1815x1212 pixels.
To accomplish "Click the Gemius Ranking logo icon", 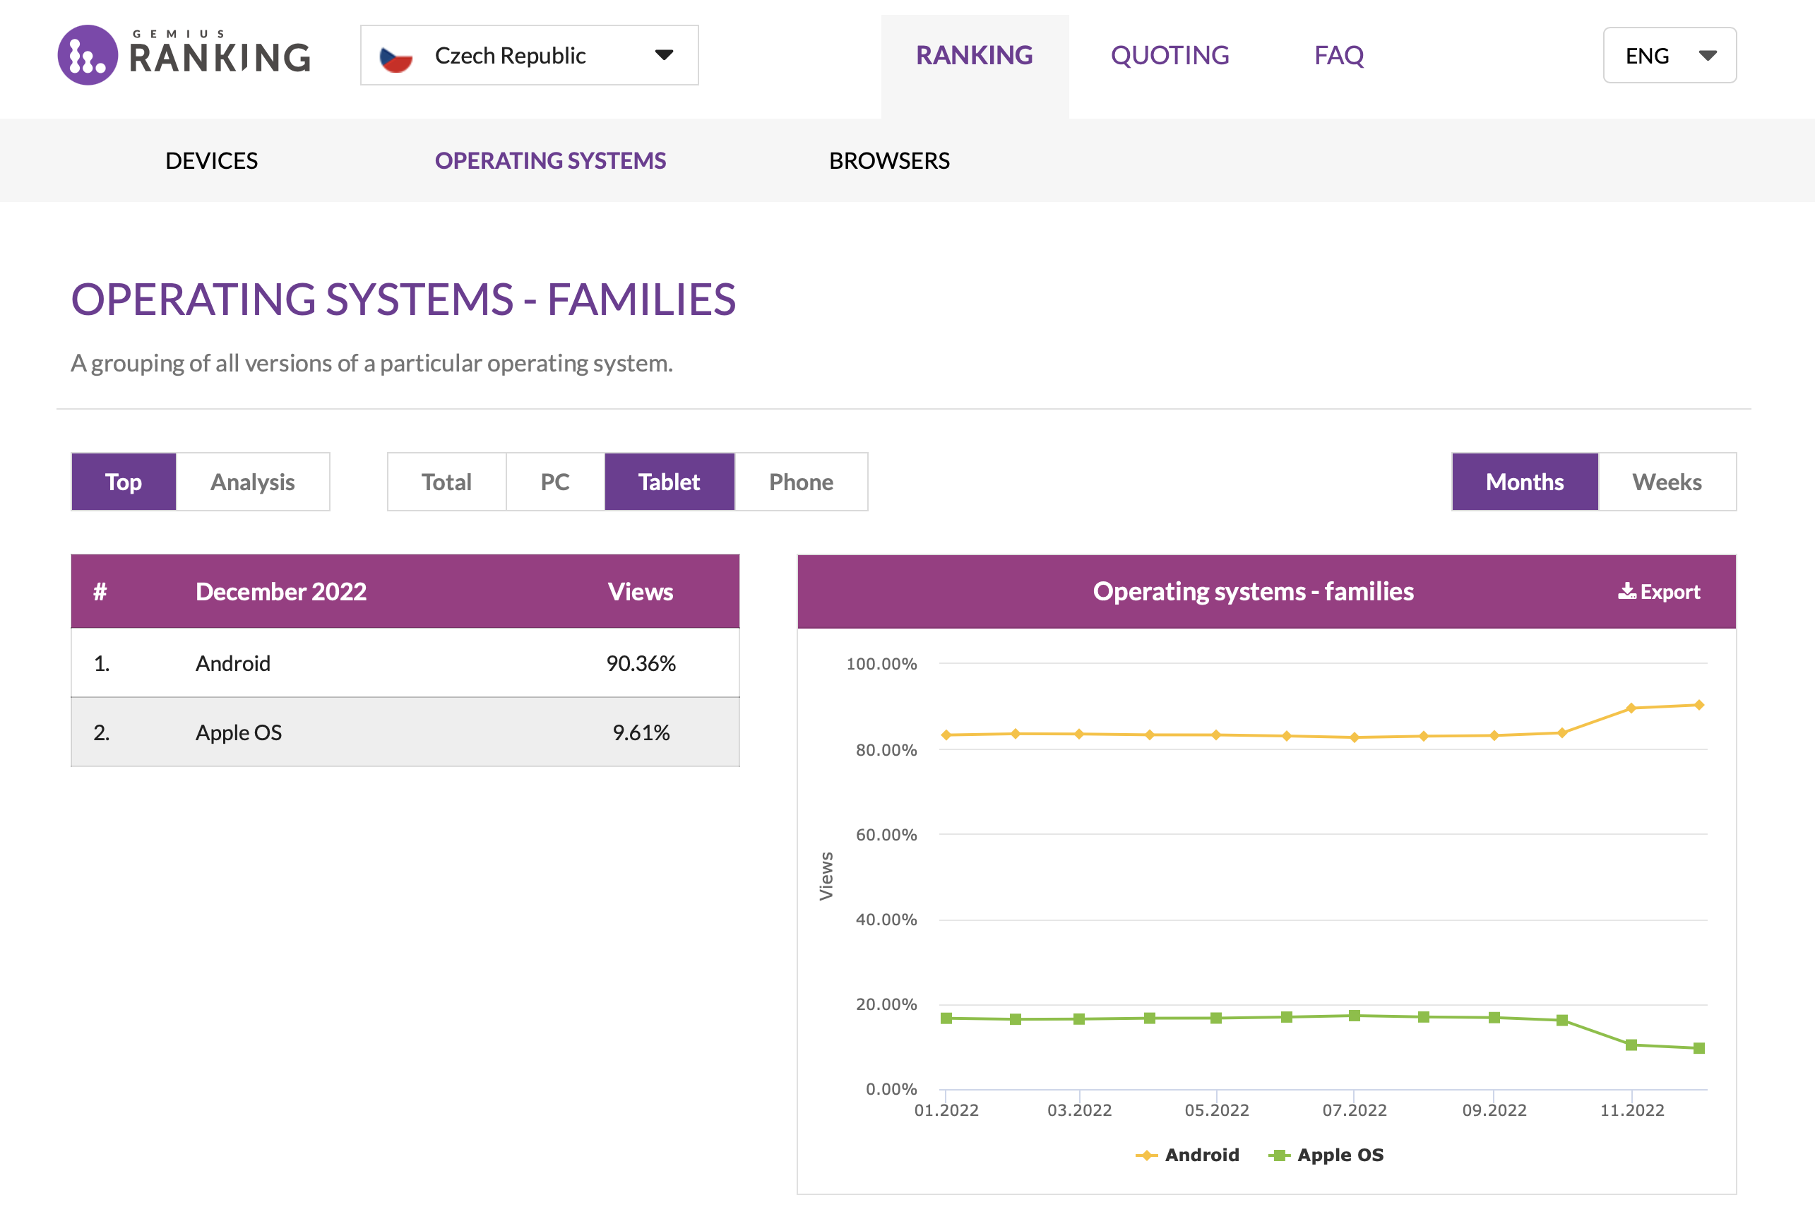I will click(88, 55).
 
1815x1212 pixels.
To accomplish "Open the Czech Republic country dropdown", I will click(529, 55).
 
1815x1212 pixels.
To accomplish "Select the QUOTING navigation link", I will click(1169, 55).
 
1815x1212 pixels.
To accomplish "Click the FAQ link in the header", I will click(1338, 55).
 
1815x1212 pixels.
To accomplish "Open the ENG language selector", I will click(1669, 55).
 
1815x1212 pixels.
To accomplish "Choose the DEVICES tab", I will click(211, 161).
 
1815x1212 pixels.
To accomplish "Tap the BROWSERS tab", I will click(888, 161).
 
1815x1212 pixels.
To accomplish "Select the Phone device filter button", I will click(800, 482).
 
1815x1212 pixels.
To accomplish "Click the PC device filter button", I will click(555, 482).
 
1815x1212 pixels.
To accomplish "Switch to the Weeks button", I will click(1666, 482).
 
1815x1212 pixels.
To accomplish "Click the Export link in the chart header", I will click(1659, 592).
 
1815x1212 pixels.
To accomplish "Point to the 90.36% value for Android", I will click(641, 663).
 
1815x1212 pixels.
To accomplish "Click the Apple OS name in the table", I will click(238, 732).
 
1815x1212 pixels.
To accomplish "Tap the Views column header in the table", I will click(640, 592).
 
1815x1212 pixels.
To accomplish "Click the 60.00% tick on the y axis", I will click(886, 835).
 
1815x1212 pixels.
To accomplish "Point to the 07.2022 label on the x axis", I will click(1354, 1110).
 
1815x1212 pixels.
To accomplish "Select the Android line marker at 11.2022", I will click(1631, 708).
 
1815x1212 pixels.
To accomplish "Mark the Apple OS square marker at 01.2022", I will click(946, 1018).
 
